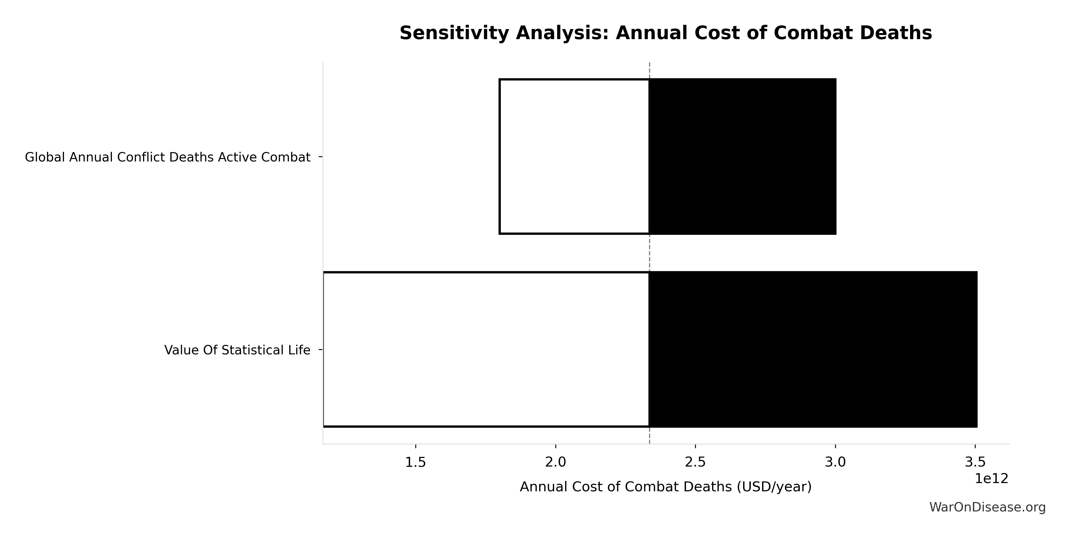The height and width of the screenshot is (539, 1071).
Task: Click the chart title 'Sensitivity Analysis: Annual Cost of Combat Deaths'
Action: [666, 33]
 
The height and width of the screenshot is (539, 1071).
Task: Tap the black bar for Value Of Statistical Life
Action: [813, 349]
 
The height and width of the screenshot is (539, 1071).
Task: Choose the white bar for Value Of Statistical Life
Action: [486, 349]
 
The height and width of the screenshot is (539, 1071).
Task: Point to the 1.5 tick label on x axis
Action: [415, 463]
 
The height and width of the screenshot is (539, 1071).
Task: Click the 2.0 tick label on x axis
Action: [555, 463]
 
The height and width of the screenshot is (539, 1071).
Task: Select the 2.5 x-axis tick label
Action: [695, 463]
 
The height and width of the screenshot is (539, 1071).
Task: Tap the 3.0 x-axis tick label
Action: [835, 463]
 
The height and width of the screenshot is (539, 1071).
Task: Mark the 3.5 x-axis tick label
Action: [975, 463]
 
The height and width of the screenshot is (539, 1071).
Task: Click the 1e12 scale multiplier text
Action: [992, 479]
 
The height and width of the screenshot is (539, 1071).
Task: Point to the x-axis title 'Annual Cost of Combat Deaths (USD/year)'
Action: [666, 487]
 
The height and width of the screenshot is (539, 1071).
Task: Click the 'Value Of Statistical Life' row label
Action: [237, 350]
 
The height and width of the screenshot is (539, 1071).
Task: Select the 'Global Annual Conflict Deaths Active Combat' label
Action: [168, 158]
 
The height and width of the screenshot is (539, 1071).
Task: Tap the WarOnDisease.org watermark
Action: [987, 507]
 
